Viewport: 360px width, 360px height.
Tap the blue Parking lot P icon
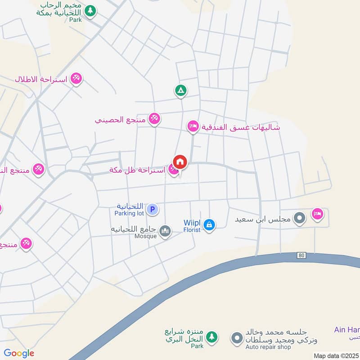pyautogui.click(x=153, y=209)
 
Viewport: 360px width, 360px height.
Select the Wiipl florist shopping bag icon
pyautogui.click(x=209, y=224)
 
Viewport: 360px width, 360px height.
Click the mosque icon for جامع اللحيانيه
pyautogui.click(x=165, y=231)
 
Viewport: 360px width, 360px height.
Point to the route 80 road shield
pyautogui.click(x=301, y=255)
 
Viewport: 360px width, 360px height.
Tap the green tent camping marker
pyautogui.click(x=180, y=91)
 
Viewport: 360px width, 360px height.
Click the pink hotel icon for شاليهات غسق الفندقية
pyautogui.click(x=193, y=127)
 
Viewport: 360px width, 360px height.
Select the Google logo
pyautogui.click(x=19, y=353)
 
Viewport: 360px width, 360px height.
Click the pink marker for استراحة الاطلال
pyautogui.click(x=76, y=79)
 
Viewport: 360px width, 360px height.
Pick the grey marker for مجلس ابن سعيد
pyautogui.click(x=299, y=219)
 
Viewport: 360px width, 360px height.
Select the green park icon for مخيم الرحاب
pyautogui.click(x=90, y=10)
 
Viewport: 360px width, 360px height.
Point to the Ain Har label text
pyautogui.click(x=346, y=329)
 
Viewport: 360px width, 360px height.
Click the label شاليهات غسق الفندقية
pyautogui.click(x=241, y=127)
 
